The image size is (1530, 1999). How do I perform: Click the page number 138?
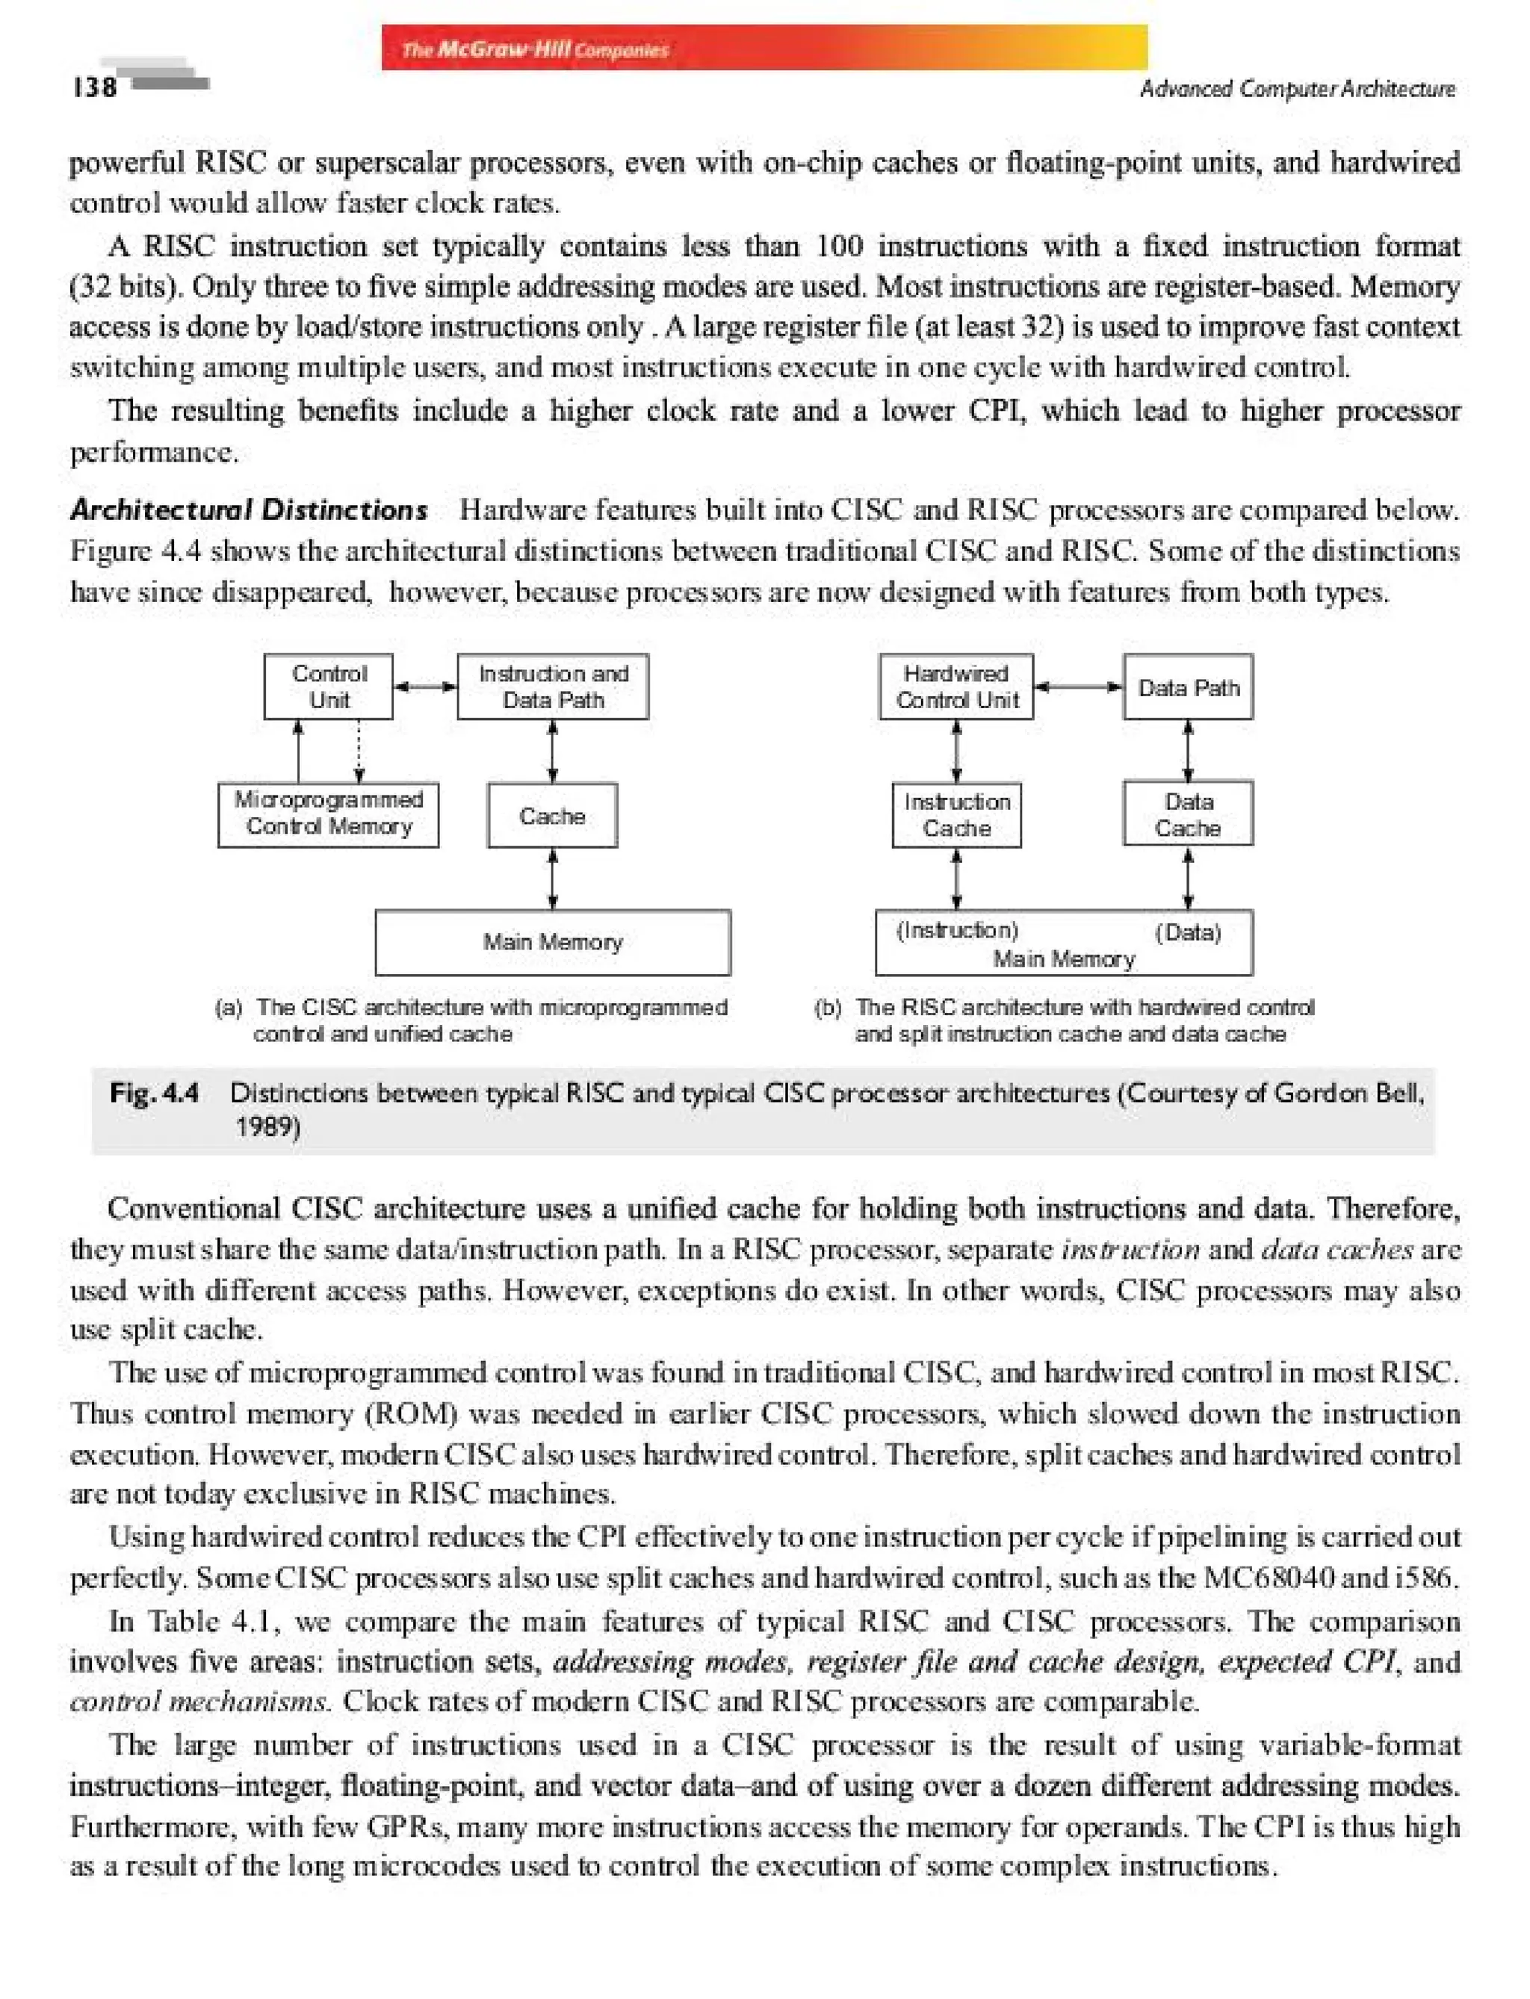click(95, 87)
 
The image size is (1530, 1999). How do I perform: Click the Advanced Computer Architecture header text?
click(1297, 88)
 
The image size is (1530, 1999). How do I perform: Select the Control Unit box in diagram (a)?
click(329, 687)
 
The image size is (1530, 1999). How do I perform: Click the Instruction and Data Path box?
click(553, 687)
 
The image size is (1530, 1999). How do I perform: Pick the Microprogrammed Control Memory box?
click(329, 813)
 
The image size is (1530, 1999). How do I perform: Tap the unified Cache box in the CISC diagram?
click(553, 816)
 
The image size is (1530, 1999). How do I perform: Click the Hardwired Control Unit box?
click(956, 687)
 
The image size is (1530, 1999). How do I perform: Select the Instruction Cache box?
click(956, 815)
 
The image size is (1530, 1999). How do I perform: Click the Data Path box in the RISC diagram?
click(1188, 687)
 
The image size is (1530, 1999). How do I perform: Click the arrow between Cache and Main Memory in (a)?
click(553, 878)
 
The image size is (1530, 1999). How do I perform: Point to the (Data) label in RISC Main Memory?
click(1188, 932)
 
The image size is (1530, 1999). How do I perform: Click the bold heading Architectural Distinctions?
click(249, 510)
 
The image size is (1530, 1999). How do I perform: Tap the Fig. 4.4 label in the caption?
click(154, 1093)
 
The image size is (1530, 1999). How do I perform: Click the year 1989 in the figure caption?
click(265, 1127)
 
